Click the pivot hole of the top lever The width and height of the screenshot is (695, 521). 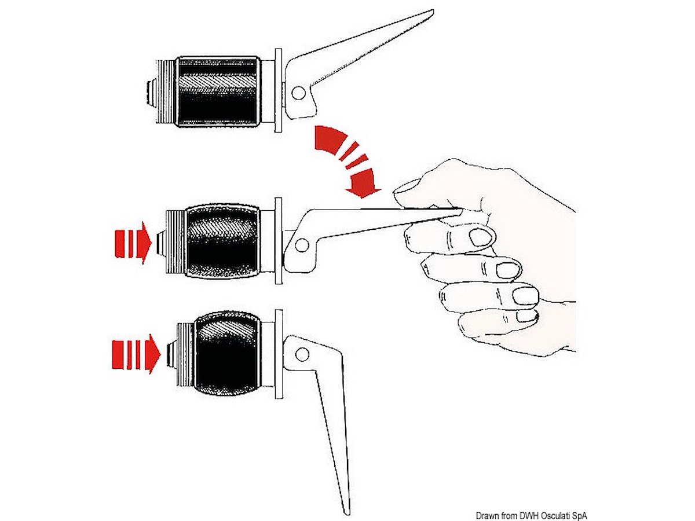(x=298, y=93)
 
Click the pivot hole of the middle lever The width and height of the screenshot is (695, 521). (x=302, y=245)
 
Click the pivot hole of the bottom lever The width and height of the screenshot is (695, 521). (x=302, y=353)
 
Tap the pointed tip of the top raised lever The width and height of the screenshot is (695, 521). (x=432, y=11)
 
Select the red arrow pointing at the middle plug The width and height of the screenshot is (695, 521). (x=133, y=243)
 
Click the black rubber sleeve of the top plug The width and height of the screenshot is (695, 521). (x=218, y=91)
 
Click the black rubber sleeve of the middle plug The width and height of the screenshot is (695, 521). (x=223, y=243)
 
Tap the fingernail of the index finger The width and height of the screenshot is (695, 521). (x=480, y=237)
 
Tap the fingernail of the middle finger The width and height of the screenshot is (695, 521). (x=507, y=270)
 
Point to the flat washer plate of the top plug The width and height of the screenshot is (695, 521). (x=278, y=90)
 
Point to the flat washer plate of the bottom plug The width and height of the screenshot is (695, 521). (x=279, y=354)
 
